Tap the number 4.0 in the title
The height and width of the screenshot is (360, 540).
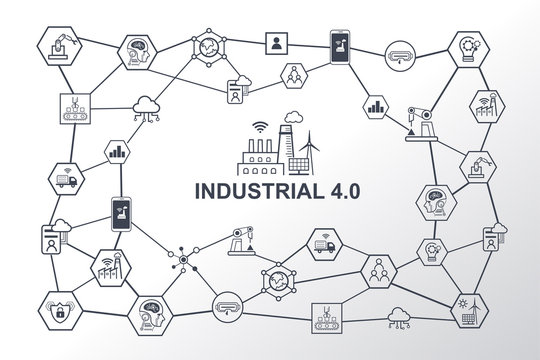340,186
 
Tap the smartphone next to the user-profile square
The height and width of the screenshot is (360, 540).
336,44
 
